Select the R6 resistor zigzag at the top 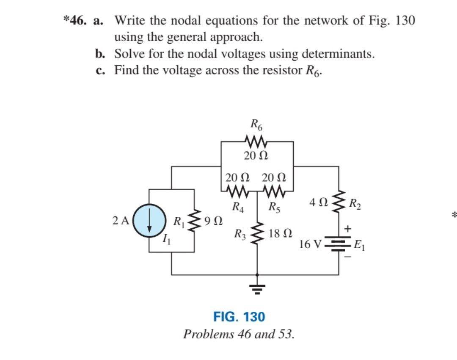[x=256, y=140]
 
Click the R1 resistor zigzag [x=195, y=220]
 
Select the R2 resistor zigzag [x=338, y=207]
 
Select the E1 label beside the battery [x=360, y=245]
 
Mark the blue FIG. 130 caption [x=239, y=316]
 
